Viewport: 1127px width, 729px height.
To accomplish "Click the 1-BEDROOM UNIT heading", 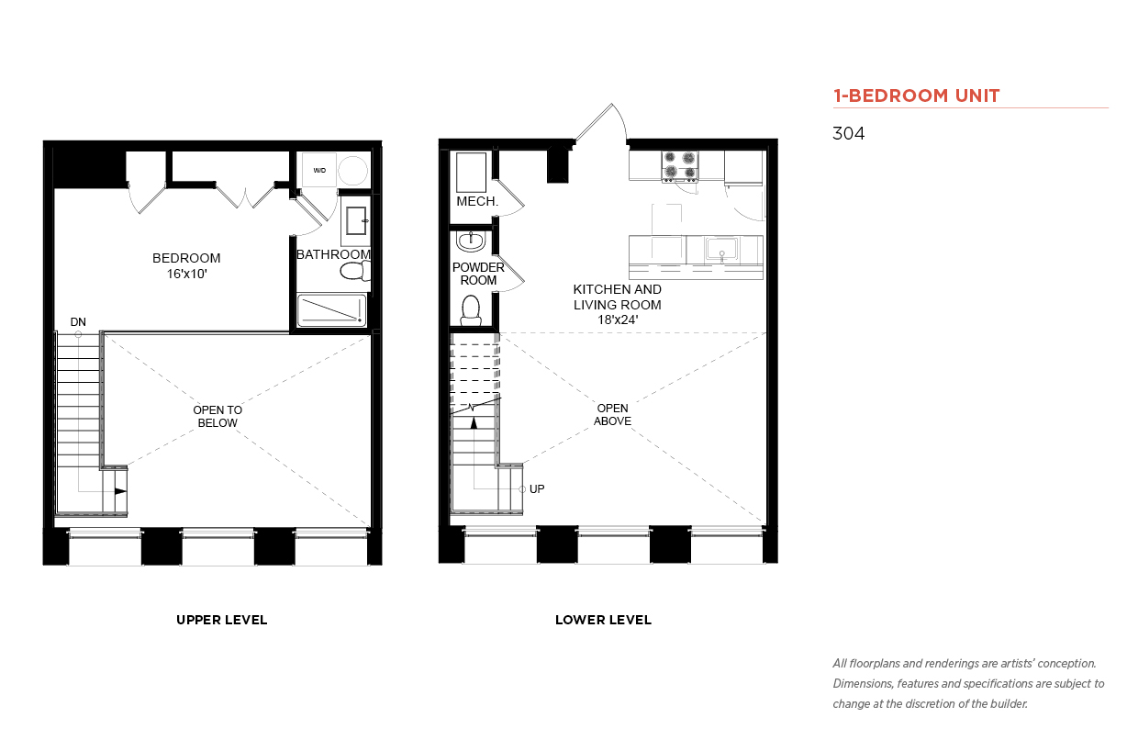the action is (916, 95).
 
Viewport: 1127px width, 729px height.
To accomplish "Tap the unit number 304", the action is (848, 133).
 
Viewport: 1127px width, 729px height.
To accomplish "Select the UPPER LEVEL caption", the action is (221, 620).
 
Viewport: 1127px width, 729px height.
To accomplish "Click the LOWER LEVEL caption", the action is (603, 620).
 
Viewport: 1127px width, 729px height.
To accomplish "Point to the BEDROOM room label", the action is (186, 258).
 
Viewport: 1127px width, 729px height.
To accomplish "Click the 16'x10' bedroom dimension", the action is (187, 274).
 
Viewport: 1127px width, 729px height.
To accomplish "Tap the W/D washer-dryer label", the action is (319, 170).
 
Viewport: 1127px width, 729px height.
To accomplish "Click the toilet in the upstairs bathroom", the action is (355, 272).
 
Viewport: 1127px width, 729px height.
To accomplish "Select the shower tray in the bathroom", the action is (331, 310).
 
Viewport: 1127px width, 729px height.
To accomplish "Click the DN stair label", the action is (78, 321).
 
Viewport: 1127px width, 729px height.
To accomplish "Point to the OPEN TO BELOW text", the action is (218, 416).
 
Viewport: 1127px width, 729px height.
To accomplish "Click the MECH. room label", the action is (477, 201).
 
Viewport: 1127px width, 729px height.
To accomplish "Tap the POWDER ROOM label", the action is (478, 274).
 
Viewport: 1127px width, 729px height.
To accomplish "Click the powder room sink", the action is (471, 241).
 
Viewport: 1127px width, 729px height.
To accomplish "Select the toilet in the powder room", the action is (471, 310).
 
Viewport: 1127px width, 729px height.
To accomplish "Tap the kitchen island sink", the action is (722, 250).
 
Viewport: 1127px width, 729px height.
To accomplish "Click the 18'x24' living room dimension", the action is (618, 320).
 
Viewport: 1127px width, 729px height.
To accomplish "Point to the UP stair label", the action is (537, 488).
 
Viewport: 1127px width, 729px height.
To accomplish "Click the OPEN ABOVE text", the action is (612, 414).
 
